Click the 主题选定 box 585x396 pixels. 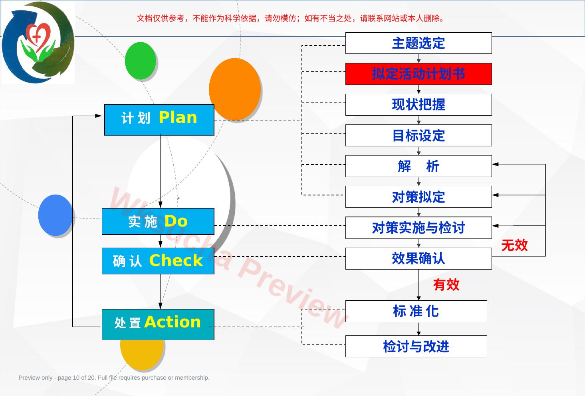point(418,43)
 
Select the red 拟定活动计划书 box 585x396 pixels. point(418,74)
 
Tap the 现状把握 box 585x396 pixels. point(418,104)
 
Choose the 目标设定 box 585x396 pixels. point(418,136)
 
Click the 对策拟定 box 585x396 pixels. point(418,197)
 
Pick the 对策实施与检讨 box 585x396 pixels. point(418,228)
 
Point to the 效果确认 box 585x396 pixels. point(418,258)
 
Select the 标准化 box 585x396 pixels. point(416,311)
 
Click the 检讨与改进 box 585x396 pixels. point(416,346)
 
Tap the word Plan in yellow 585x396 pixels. point(178,117)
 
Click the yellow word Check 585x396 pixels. point(176,260)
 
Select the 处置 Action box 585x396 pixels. point(158,325)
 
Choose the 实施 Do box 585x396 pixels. point(158,221)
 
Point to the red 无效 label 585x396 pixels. point(514,245)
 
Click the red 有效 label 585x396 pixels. point(446,284)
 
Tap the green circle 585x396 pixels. point(141,61)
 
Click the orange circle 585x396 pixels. point(235,89)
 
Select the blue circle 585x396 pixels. point(56,215)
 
